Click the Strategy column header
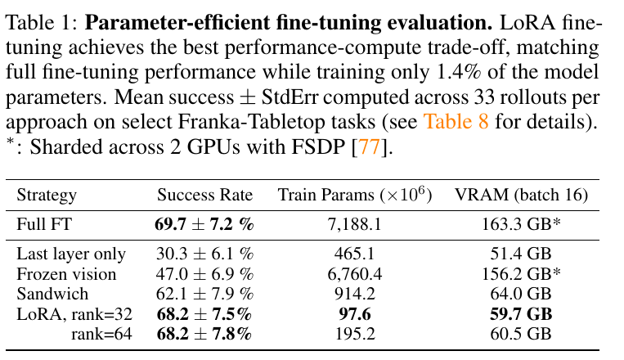point(47,196)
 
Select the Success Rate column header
point(205,195)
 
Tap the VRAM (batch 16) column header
point(521,195)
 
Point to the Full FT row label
point(44,224)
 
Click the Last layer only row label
point(71,254)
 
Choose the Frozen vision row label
point(66,274)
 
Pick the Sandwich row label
point(52,294)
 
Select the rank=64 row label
point(101,334)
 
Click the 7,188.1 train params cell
point(355,225)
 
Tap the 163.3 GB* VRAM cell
point(521,224)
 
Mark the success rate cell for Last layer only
point(204,254)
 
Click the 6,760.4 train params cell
point(355,274)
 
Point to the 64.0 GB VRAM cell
point(521,294)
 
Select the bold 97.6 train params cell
point(355,314)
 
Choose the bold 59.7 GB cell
point(521,314)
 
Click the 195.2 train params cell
point(355,334)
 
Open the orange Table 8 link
point(456,121)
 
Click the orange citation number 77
point(370,147)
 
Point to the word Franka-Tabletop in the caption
point(276,122)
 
